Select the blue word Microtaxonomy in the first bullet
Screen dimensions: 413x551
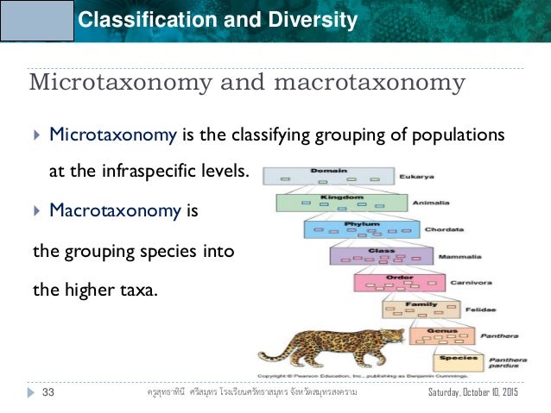click(114, 135)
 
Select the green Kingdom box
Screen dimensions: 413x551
click(342, 203)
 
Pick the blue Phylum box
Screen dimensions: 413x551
click(363, 229)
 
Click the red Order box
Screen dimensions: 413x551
click(400, 282)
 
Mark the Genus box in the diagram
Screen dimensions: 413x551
click(440, 335)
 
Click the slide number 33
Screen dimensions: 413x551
click(48, 393)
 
